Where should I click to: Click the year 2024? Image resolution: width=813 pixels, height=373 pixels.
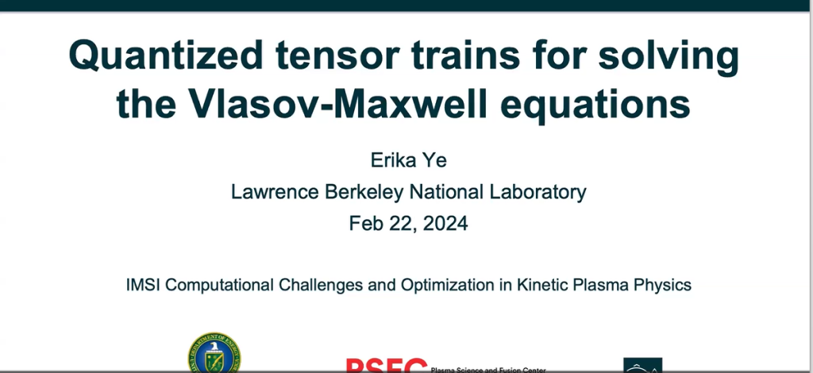pyautogui.click(x=445, y=223)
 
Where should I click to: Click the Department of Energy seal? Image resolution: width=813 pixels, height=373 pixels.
pyautogui.click(x=214, y=354)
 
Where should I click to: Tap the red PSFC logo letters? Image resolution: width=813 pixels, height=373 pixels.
pyautogui.click(x=386, y=365)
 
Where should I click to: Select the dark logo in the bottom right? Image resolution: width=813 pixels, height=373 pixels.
pyautogui.click(x=642, y=365)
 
